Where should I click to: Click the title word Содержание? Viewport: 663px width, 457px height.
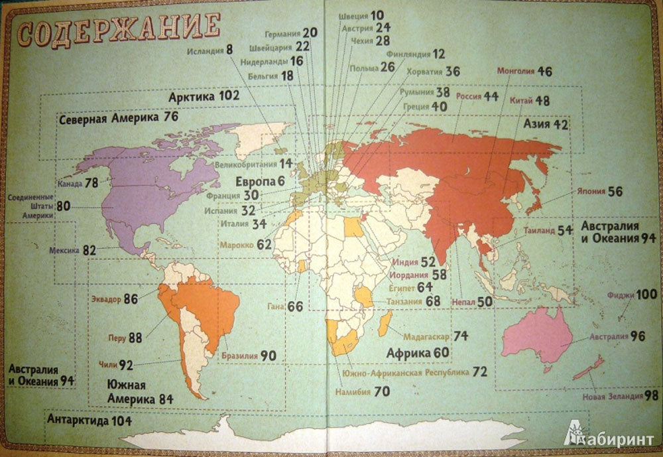pos(118,31)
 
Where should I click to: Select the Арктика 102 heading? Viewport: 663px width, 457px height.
pos(204,96)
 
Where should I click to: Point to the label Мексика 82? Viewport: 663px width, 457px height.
pos(73,251)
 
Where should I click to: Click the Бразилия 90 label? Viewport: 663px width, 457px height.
pos(249,356)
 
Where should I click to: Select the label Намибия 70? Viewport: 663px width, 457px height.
pos(364,391)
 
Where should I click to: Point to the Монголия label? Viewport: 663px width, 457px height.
pos(514,71)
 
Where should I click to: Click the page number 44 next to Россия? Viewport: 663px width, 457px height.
pos(490,96)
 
